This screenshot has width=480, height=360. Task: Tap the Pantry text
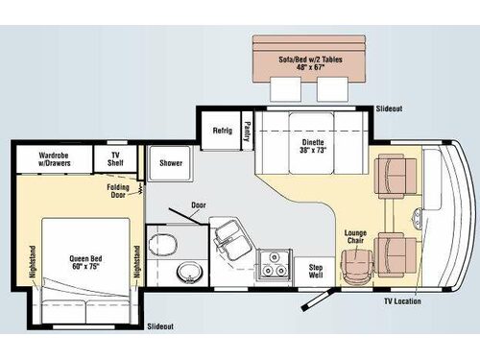coord(247,131)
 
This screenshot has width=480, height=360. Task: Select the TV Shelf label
coord(115,157)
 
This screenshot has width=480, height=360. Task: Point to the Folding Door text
coord(119,190)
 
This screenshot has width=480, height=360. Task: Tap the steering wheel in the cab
coord(416,213)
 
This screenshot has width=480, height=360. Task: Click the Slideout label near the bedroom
coord(161,327)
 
